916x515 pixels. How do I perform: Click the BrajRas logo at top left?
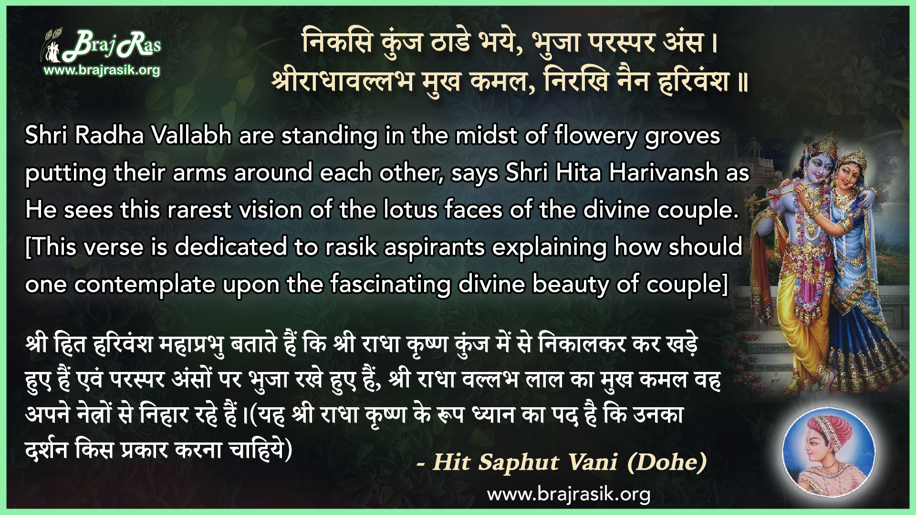coord(101,46)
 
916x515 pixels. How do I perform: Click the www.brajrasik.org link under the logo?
coord(102,70)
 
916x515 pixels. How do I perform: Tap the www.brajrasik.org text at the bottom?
coord(569,494)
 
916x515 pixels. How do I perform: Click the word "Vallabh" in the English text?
coord(191,135)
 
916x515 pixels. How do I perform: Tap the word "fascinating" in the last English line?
coord(391,285)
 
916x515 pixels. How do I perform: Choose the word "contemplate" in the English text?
coord(145,285)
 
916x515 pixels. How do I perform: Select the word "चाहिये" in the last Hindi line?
coord(256,449)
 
